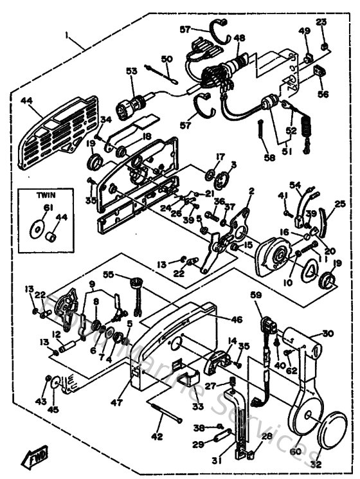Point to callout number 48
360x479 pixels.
pos(239,38)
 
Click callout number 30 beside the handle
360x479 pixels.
pos(328,334)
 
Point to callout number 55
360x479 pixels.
pos(109,274)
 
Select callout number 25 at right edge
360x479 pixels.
pos(339,204)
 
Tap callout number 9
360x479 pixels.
pos(91,284)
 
